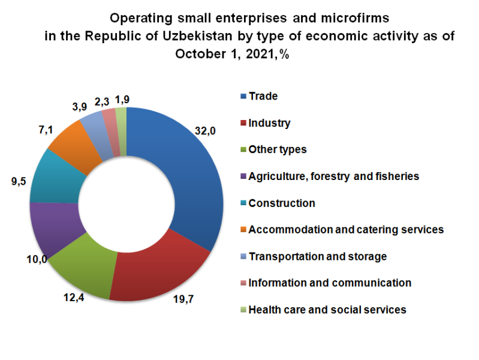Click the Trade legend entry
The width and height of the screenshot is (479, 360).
(263, 96)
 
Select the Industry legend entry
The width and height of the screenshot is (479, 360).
(269, 123)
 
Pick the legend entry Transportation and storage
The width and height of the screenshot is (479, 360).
(317, 256)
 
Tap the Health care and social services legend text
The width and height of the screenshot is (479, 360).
(327, 310)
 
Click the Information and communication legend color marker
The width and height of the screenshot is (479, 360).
(243, 283)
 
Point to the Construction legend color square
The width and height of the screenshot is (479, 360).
(243, 203)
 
